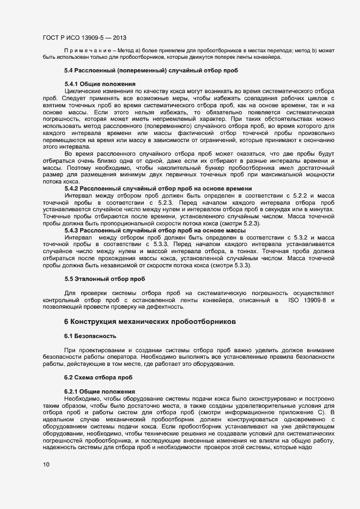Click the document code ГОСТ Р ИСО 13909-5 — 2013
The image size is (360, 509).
click(84, 38)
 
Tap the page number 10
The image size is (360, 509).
click(46, 464)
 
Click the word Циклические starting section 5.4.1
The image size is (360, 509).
click(87, 90)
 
